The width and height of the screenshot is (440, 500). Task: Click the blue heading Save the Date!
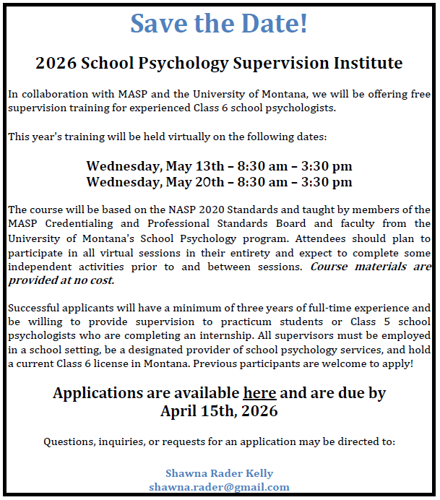click(x=219, y=23)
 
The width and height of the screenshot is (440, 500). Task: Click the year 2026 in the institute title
click(x=55, y=63)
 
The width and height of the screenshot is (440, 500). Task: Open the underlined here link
click(x=259, y=394)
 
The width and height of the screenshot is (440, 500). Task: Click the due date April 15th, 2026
click(x=219, y=412)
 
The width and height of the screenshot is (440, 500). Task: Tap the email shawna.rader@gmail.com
click(x=219, y=487)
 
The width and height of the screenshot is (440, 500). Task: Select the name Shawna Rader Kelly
click(x=219, y=473)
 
